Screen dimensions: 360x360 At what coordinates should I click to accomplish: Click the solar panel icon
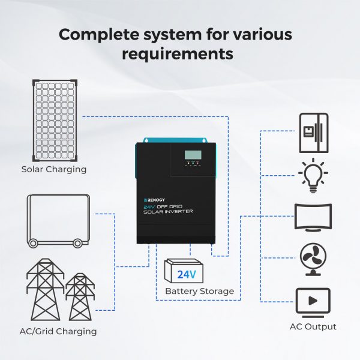click(55, 121)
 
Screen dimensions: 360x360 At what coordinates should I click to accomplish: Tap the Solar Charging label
click(54, 169)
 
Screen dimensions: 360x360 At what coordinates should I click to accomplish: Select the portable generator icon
click(58, 221)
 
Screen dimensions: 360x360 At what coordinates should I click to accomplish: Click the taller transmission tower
click(45, 290)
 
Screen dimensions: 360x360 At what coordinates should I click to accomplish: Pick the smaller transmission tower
click(80, 296)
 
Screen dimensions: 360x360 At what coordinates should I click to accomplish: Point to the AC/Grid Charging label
click(58, 332)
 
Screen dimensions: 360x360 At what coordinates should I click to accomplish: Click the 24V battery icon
click(184, 271)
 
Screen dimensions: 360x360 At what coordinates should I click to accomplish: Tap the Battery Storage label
click(200, 291)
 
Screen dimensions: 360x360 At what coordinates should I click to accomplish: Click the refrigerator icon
click(314, 133)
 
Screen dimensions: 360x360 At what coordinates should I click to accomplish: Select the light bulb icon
click(313, 176)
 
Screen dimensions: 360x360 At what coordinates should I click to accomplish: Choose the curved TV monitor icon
click(313, 217)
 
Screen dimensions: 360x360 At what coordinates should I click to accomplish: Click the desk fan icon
click(313, 259)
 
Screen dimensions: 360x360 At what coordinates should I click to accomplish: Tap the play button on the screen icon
click(313, 301)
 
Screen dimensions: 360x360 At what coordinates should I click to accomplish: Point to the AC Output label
click(313, 327)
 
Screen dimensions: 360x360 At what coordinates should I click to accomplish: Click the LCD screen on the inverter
click(193, 155)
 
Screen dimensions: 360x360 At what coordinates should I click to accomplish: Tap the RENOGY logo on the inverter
click(154, 200)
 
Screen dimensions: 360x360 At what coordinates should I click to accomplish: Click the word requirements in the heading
click(178, 54)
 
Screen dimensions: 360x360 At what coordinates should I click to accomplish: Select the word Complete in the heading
click(99, 35)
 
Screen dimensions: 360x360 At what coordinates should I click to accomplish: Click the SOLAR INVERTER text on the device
click(168, 211)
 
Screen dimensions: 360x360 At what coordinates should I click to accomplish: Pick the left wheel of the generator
click(33, 244)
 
